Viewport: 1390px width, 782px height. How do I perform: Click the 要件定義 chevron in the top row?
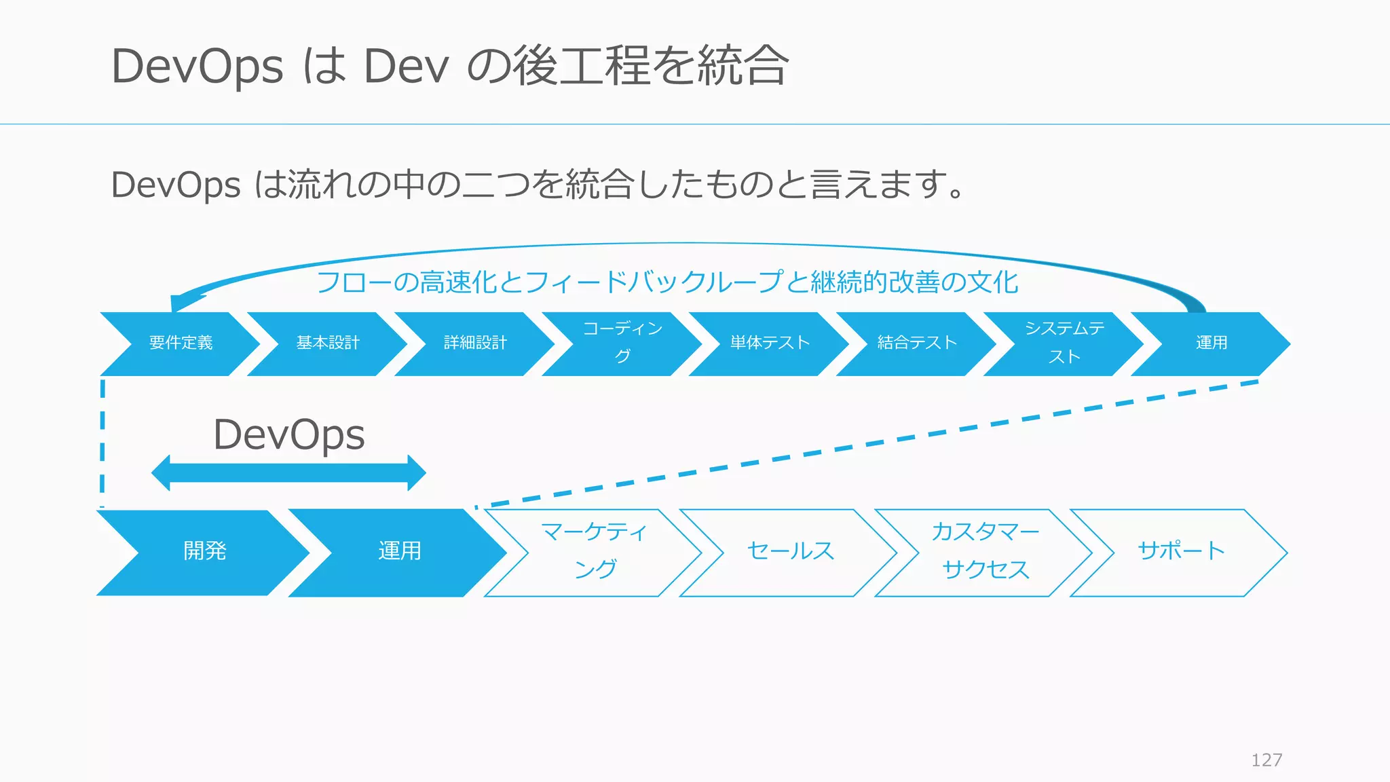click(181, 343)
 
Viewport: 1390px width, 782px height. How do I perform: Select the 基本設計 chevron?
click(328, 343)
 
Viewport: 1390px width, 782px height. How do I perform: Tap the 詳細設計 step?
click(475, 343)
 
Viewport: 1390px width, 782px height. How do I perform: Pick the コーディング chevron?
click(622, 343)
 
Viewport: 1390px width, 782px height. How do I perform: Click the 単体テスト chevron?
click(770, 343)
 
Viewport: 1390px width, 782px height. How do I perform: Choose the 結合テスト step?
click(917, 343)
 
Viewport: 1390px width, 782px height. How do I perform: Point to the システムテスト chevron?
click(1064, 343)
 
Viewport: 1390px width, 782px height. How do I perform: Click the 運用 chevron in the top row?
click(1211, 343)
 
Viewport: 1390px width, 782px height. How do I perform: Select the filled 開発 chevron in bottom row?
click(204, 552)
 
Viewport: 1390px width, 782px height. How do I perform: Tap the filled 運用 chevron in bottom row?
click(399, 552)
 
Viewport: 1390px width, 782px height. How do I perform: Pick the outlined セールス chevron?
click(790, 552)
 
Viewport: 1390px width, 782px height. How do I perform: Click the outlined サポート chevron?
click(1181, 552)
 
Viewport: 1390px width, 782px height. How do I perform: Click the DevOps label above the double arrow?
click(289, 434)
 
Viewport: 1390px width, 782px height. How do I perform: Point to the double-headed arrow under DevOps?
click(288, 473)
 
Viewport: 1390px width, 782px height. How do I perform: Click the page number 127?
click(1266, 760)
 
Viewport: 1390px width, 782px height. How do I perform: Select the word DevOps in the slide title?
click(197, 67)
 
